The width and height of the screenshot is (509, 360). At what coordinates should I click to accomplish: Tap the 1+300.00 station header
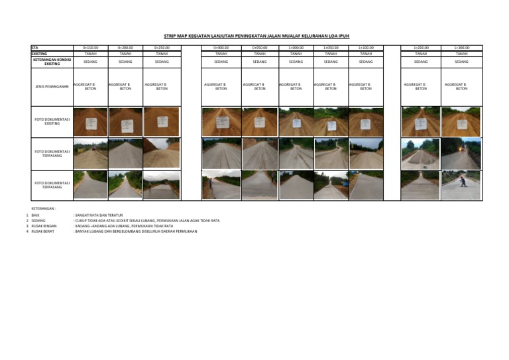[x=461, y=48]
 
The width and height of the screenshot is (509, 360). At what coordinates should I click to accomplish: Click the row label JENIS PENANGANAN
[x=52, y=86]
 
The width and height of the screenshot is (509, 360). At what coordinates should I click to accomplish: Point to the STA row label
[x=34, y=48]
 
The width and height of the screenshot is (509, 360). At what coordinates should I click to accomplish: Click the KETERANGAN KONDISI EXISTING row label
[x=52, y=62]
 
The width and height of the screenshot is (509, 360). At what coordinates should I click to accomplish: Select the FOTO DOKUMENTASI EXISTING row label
[x=52, y=122]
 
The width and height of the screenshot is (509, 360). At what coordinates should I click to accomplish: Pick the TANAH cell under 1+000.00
[x=296, y=54]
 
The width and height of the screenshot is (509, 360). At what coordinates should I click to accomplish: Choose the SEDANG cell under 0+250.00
[x=161, y=62]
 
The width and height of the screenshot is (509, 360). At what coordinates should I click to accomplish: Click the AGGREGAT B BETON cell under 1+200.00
[x=421, y=86]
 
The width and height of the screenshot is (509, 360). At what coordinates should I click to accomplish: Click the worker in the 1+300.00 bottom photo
[x=463, y=181]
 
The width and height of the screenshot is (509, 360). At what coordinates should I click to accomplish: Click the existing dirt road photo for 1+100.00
[x=366, y=122]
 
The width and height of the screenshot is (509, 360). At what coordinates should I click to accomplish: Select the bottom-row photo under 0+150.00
[x=90, y=186]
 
